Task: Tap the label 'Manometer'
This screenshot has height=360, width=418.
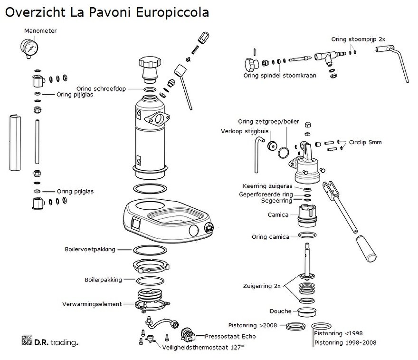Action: point(40,31)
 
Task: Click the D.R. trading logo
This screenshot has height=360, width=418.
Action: point(50,341)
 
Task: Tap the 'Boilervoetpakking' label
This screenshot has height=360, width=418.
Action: point(90,249)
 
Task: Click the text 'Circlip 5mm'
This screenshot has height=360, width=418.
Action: point(365,142)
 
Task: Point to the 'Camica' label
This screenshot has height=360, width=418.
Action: point(278,215)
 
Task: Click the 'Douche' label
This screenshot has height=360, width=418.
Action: point(280,311)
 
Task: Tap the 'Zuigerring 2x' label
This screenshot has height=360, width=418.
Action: point(262,286)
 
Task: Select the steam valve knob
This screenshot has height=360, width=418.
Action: point(250,63)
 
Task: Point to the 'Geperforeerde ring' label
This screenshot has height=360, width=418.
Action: point(266,195)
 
